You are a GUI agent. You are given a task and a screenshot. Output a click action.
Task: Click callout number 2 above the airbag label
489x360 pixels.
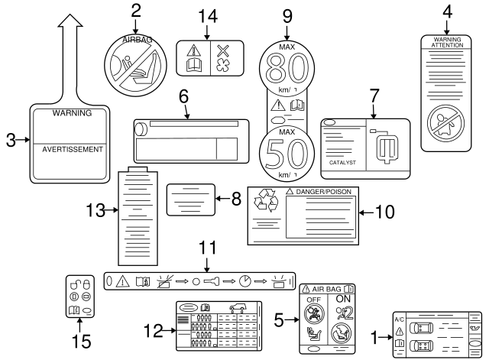tap(136, 11)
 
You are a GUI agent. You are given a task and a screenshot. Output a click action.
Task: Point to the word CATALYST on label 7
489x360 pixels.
tap(342, 163)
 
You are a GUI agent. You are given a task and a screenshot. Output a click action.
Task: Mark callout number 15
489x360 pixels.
tap(78, 339)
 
